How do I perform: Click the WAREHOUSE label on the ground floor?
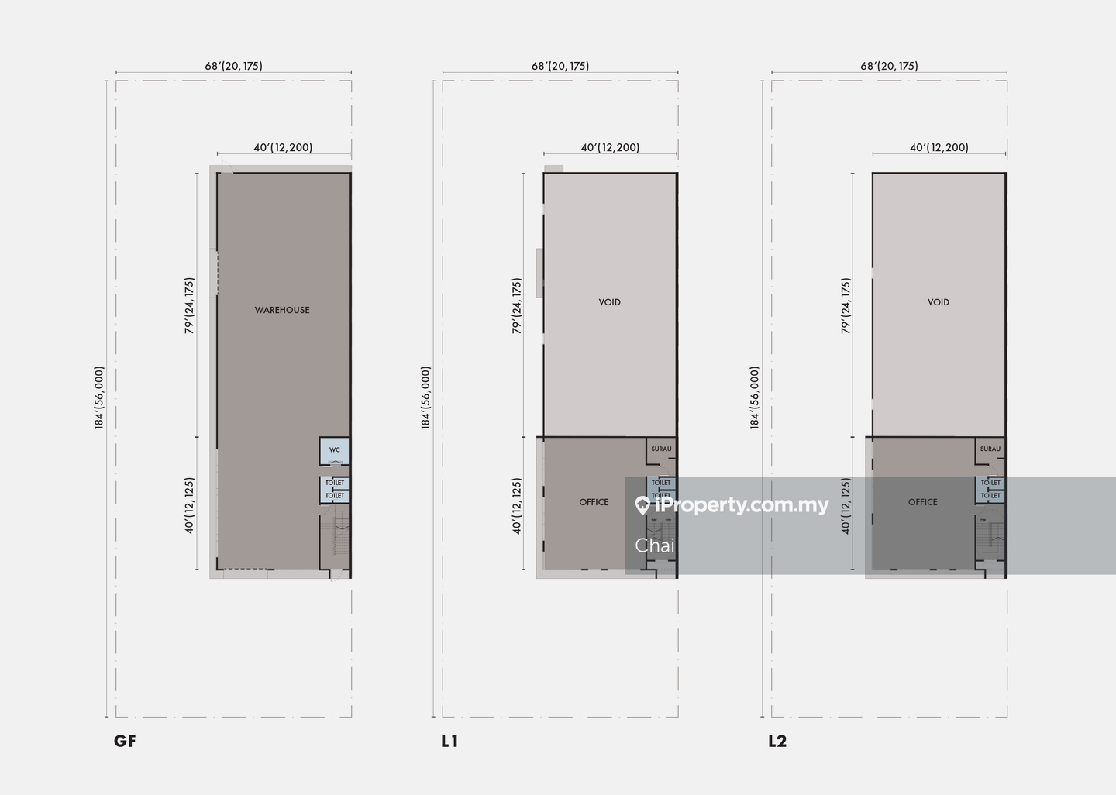click(x=282, y=310)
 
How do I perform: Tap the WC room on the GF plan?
click(x=335, y=451)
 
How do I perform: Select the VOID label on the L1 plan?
click(x=609, y=302)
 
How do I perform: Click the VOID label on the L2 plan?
click(x=938, y=302)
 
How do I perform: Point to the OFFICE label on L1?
click(x=594, y=502)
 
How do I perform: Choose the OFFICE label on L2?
click(x=922, y=502)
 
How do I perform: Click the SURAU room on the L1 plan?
click(x=661, y=449)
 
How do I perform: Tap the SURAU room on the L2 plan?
click(x=990, y=449)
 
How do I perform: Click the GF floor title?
click(x=125, y=741)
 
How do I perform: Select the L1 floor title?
click(x=449, y=741)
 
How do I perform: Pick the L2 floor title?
click(x=777, y=741)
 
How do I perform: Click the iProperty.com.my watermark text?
click(x=741, y=505)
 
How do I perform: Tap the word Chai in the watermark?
click(x=654, y=545)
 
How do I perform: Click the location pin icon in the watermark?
click(x=642, y=506)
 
